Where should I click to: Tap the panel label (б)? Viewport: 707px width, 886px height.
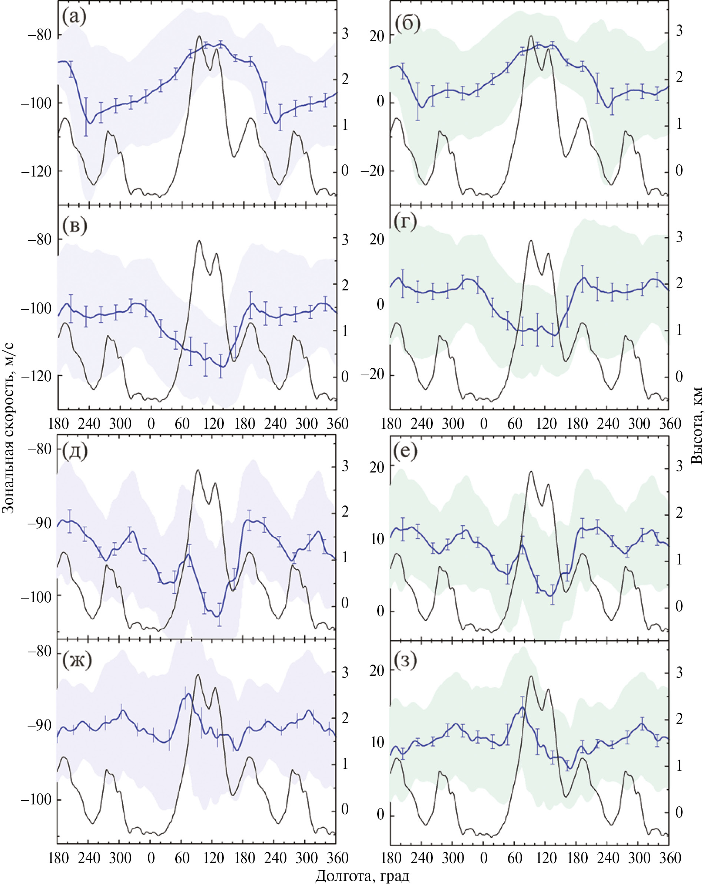(407, 23)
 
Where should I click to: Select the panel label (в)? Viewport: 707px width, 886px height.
(75, 225)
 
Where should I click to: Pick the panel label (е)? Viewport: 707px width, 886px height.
(405, 451)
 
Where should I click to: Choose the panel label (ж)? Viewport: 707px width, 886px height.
(77, 659)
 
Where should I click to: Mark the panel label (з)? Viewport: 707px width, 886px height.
(405, 659)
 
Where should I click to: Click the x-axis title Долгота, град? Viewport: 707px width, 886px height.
(362, 876)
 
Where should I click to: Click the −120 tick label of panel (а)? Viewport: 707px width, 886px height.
(37, 171)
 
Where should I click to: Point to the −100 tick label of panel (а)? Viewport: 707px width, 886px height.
(37, 103)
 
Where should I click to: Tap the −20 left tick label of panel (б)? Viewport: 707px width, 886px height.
(372, 171)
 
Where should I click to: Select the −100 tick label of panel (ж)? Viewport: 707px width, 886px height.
(37, 800)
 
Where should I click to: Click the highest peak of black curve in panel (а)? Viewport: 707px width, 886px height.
(199, 36)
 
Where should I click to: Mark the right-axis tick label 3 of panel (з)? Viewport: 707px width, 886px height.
(679, 673)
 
